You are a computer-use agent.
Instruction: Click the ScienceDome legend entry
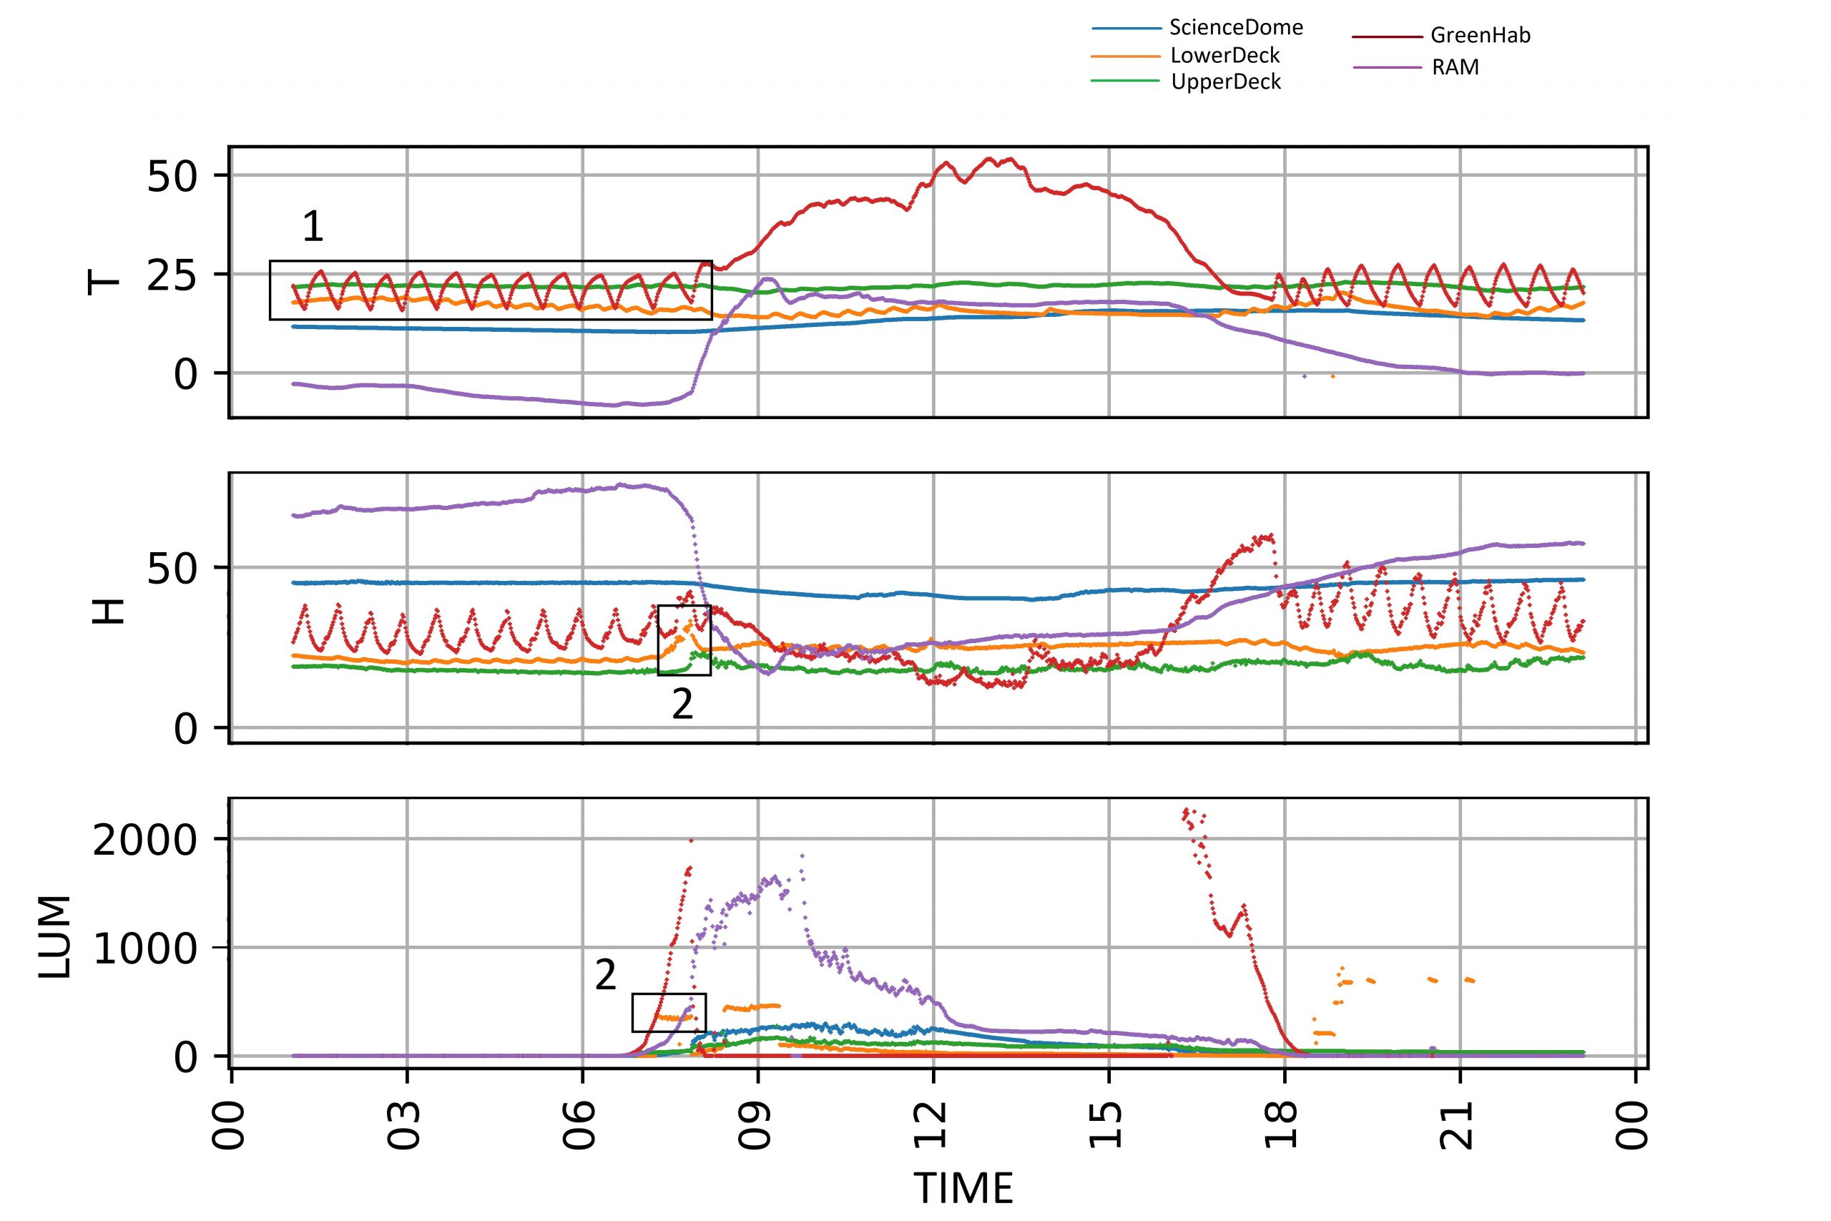coord(1235,28)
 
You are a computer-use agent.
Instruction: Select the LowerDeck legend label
coord(1225,55)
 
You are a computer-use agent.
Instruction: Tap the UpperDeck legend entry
coord(1226,82)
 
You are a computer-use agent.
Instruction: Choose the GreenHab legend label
coord(1480,36)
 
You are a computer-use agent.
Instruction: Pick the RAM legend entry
coord(1455,68)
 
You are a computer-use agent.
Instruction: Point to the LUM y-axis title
coord(54,936)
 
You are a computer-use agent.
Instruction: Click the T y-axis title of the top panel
coord(104,282)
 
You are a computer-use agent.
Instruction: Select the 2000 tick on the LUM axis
coord(144,841)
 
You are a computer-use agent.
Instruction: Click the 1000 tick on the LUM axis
coord(144,949)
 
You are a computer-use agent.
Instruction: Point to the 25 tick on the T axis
coord(172,275)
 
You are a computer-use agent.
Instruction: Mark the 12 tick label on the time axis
coord(933,1124)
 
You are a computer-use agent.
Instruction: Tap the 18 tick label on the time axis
coord(1285,1124)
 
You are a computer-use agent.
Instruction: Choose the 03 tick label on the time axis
coord(406,1124)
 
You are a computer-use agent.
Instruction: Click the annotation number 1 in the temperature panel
coord(312,227)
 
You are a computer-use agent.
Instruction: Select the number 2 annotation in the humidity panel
coord(682,705)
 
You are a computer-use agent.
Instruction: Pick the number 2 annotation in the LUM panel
coord(605,975)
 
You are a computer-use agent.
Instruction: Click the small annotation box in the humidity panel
coord(684,640)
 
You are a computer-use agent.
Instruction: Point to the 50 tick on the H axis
coord(172,569)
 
